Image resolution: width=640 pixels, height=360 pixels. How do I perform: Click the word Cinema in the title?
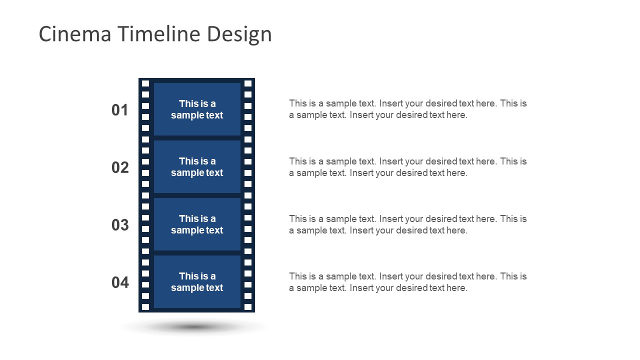click(74, 34)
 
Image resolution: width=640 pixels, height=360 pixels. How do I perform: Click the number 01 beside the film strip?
click(120, 110)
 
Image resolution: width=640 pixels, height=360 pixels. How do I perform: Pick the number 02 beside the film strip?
click(120, 167)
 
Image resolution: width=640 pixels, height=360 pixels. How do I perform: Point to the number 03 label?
click(120, 225)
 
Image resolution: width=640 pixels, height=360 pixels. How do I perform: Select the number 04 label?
click(120, 282)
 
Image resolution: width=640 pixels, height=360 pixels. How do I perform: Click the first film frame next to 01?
click(197, 109)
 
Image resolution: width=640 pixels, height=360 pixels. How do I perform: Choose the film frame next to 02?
click(197, 167)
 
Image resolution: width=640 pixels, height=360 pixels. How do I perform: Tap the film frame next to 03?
click(197, 224)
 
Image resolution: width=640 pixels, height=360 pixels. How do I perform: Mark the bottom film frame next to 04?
click(197, 282)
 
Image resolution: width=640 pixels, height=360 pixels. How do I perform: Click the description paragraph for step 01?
click(407, 109)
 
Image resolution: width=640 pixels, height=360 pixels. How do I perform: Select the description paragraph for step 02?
click(407, 167)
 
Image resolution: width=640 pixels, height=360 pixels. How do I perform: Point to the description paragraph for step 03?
click(407, 224)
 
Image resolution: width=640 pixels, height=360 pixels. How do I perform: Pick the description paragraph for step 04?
click(407, 282)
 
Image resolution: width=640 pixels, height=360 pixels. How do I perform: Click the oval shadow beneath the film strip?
click(194, 327)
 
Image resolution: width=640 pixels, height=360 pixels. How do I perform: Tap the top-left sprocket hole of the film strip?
click(145, 83)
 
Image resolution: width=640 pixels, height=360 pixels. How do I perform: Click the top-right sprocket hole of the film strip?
click(248, 83)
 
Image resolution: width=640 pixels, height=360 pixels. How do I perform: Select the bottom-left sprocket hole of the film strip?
click(145, 307)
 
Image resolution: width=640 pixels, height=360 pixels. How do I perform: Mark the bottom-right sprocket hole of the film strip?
click(248, 307)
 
